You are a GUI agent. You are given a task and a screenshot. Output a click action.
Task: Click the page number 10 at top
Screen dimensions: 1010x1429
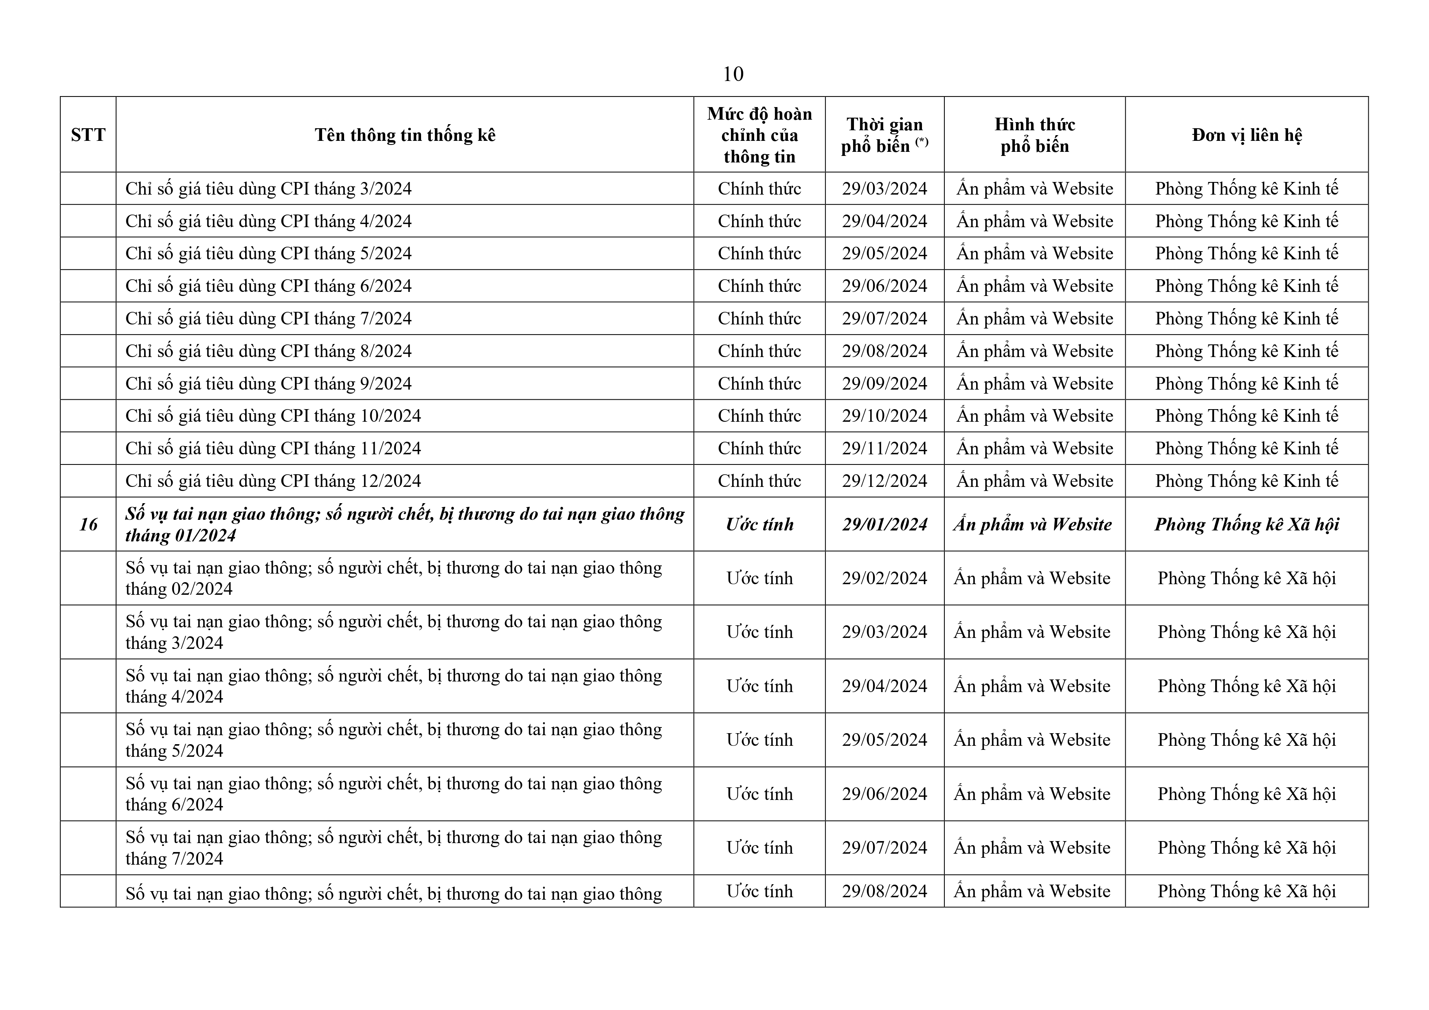(x=733, y=74)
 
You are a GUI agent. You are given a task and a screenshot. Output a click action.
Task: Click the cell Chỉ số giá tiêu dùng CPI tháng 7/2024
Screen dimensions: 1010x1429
(x=268, y=319)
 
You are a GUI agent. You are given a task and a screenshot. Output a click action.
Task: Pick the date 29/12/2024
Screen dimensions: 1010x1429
(x=885, y=481)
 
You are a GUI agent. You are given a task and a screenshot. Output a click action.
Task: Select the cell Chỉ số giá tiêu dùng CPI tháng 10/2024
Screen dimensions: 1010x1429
(x=273, y=416)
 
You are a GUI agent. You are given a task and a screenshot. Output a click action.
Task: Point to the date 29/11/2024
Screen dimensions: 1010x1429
(x=885, y=449)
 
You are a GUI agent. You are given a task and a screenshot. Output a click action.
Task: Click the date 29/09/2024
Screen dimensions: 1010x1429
(x=885, y=384)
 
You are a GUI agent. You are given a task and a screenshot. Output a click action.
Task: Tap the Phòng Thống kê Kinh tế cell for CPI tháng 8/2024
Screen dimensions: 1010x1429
(x=1246, y=351)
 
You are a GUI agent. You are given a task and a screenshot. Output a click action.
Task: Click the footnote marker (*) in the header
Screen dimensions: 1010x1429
(x=921, y=142)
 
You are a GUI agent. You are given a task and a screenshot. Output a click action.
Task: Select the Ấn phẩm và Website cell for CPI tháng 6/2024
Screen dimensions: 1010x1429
(x=1034, y=286)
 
